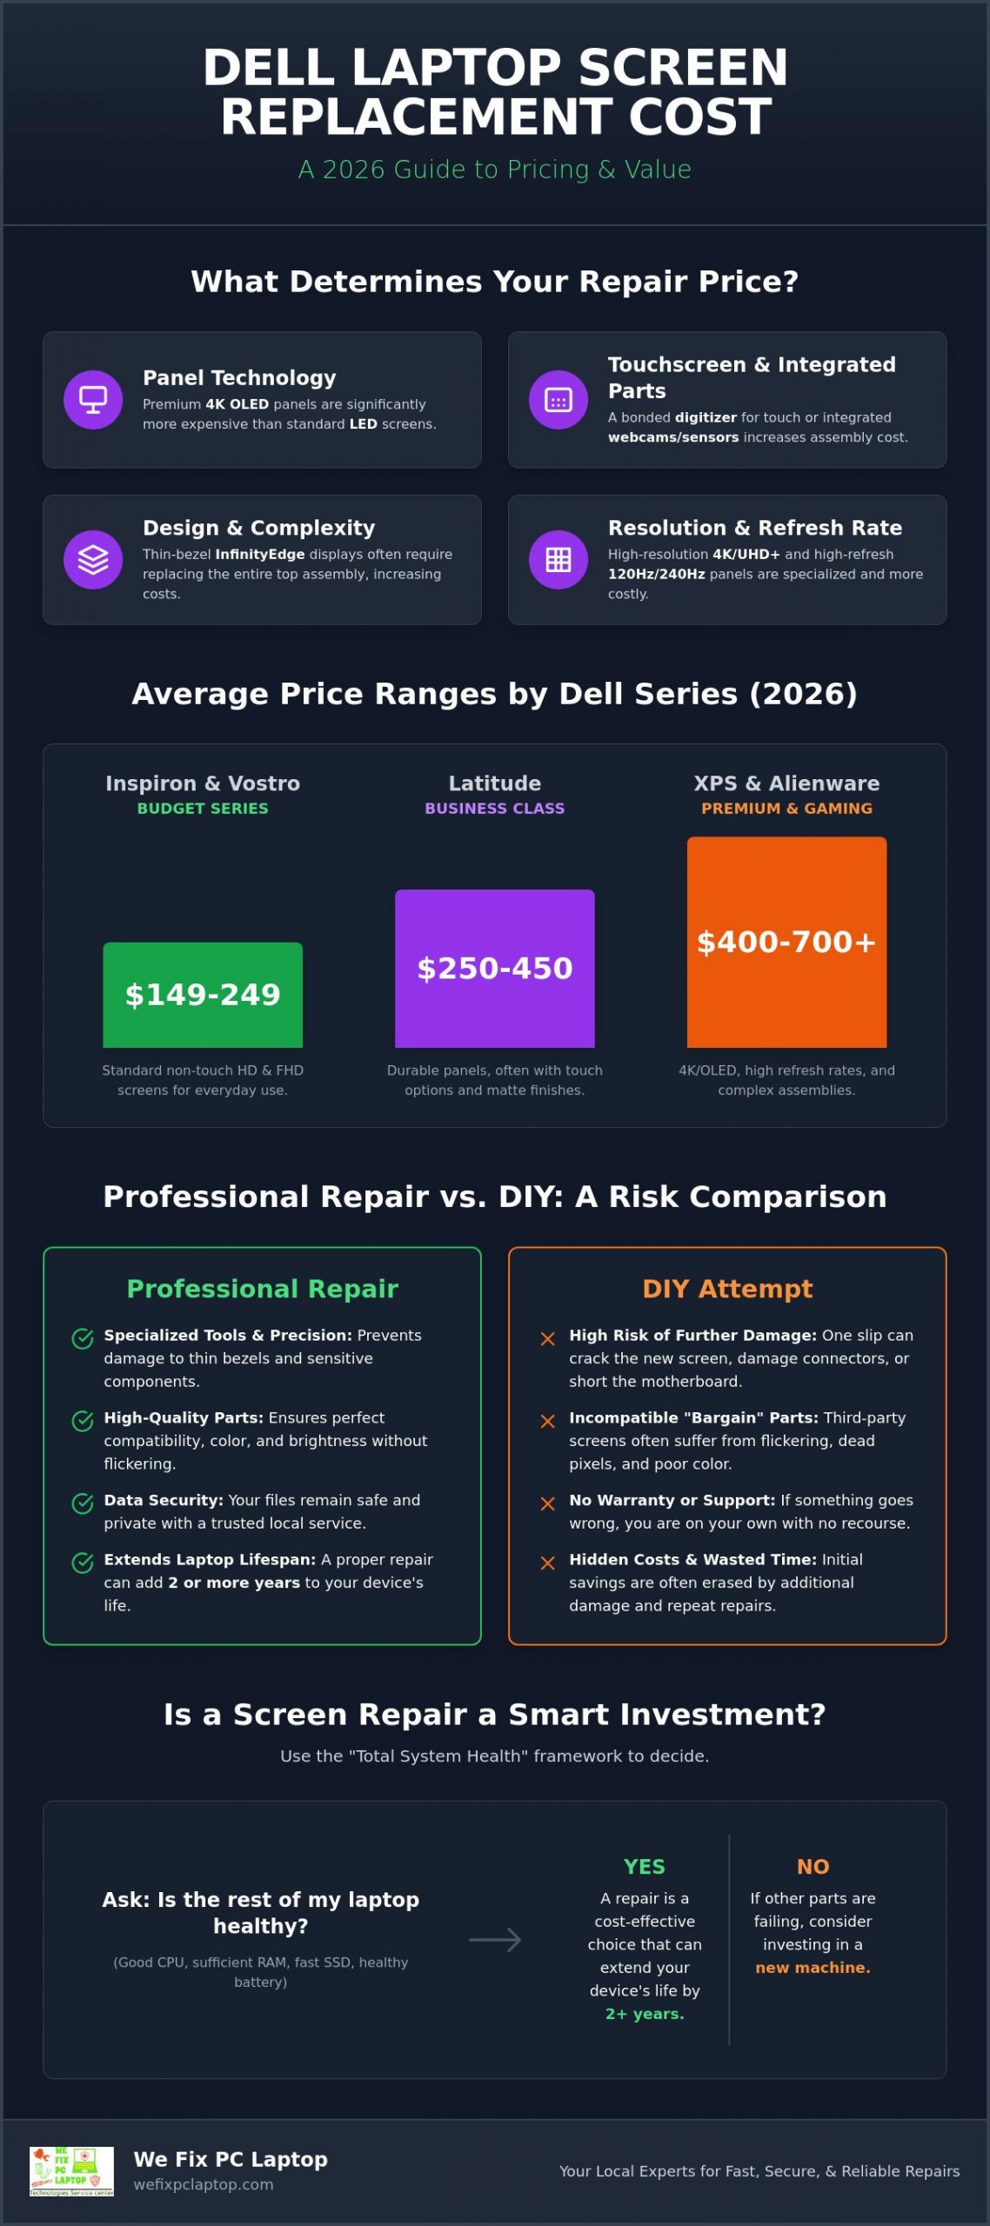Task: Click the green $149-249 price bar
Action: (x=203, y=995)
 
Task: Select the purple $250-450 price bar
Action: (x=495, y=969)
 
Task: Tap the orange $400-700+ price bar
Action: (x=787, y=942)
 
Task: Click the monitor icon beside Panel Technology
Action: (x=93, y=400)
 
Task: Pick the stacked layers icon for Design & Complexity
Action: (x=93, y=559)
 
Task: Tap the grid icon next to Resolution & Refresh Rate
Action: (x=559, y=559)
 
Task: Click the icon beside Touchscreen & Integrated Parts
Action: (x=559, y=400)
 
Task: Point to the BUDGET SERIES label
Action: (x=203, y=808)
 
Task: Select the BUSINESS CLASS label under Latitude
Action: (x=495, y=808)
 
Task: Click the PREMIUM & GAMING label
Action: (x=787, y=808)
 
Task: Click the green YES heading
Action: (x=645, y=1867)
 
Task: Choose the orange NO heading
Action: (x=813, y=1867)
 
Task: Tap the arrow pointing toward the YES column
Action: (x=495, y=1939)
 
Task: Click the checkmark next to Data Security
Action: (x=83, y=1503)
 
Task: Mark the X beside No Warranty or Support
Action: (x=548, y=1503)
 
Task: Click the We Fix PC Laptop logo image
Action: (x=71, y=2171)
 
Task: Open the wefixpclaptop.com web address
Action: (x=204, y=2184)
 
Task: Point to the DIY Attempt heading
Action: (x=727, y=1289)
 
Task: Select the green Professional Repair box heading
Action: (x=263, y=1289)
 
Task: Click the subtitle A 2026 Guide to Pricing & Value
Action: (x=495, y=170)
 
